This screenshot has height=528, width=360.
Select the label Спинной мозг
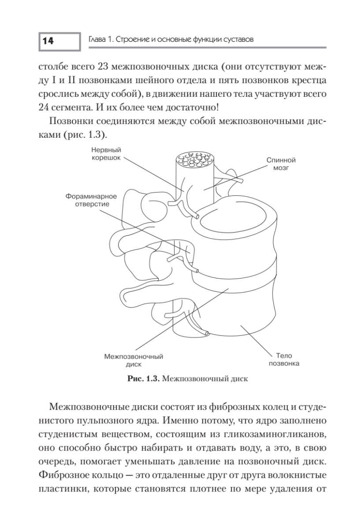coord(280,165)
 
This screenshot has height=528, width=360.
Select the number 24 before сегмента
coord(46,106)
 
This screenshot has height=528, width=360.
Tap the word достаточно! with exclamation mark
coord(204,106)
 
